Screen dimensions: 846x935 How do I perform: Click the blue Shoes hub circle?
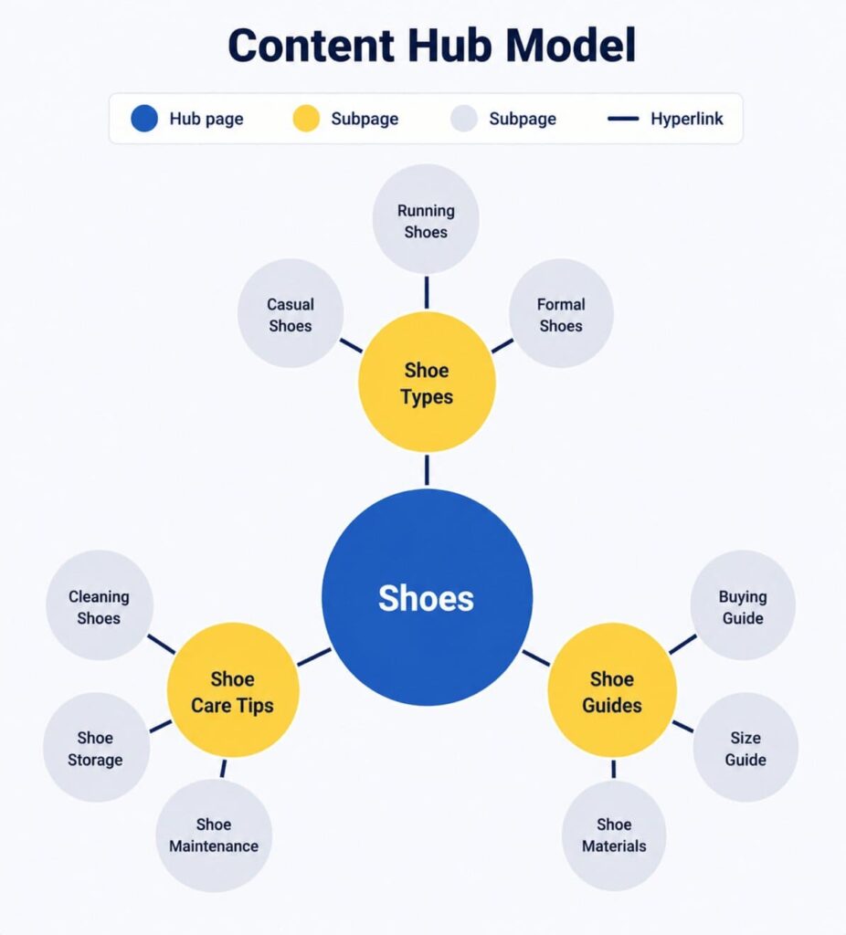(427, 597)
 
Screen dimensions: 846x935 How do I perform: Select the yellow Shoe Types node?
(427, 382)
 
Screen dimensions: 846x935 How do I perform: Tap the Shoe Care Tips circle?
(233, 690)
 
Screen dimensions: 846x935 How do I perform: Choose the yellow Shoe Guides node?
(612, 690)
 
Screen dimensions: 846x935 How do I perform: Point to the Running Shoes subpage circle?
(426, 219)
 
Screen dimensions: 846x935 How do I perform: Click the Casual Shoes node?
(291, 313)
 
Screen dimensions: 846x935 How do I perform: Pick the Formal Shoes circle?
(561, 313)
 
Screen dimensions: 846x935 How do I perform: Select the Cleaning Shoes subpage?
(100, 604)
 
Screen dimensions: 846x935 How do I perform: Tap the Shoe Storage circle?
(96, 747)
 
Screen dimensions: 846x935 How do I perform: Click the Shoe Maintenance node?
(214, 835)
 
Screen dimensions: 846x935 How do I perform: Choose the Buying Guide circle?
(743, 604)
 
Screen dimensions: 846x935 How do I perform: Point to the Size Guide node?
(746, 747)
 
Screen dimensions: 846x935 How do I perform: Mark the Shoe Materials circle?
(614, 835)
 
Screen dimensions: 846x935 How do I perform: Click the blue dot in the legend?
(144, 118)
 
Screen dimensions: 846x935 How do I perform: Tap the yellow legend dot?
(306, 118)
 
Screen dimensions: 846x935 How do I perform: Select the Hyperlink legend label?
(687, 119)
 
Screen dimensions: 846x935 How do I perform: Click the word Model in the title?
(570, 45)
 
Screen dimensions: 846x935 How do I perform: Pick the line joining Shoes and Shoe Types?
(427, 470)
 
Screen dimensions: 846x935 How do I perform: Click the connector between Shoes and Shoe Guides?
(535, 658)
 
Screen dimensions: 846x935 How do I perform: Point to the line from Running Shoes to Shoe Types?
(427, 292)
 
